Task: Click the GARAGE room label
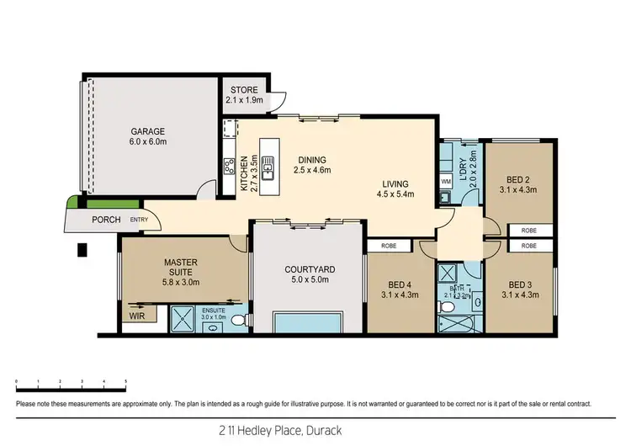148,132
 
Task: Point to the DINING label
311,161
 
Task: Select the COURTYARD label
309,269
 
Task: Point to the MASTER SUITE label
180,268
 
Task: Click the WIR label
136,316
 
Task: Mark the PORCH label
106,220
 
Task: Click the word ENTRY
139,220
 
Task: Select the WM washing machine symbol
446,182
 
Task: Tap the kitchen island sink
268,171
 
